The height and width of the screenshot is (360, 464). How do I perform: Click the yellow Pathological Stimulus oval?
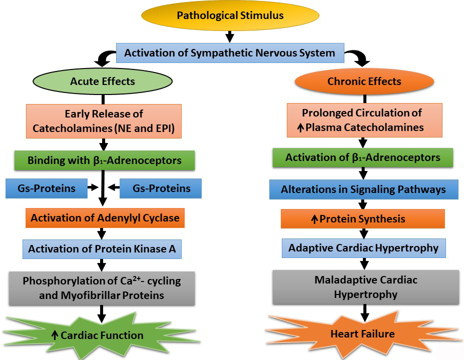click(x=230, y=15)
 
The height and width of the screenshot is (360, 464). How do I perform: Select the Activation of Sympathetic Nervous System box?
click(x=230, y=52)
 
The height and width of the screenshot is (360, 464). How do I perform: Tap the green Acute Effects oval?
click(x=103, y=80)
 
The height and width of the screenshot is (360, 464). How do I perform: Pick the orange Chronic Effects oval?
click(x=364, y=81)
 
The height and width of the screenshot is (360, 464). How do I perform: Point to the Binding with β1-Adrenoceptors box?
click(x=104, y=160)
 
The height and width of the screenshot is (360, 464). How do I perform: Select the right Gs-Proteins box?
click(x=161, y=188)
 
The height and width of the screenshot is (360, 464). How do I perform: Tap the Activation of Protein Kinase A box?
click(x=102, y=248)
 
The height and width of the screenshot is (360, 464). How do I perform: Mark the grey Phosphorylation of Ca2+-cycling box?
click(x=102, y=288)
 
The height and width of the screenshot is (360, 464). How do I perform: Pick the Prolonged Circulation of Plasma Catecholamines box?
click(x=364, y=120)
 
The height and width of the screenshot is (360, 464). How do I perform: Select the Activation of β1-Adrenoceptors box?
click(x=363, y=157)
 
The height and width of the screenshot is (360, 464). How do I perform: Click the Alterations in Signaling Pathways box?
click(x=363, y=189)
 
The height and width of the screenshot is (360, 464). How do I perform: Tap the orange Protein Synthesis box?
click(x=363, y=218)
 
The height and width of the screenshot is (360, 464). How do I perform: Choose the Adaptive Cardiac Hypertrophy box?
click(x=363, y=247)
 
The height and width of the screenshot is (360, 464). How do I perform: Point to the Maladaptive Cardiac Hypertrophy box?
click(x=366, y=286)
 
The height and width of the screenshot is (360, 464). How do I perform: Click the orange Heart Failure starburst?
click(x=363, y=333)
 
